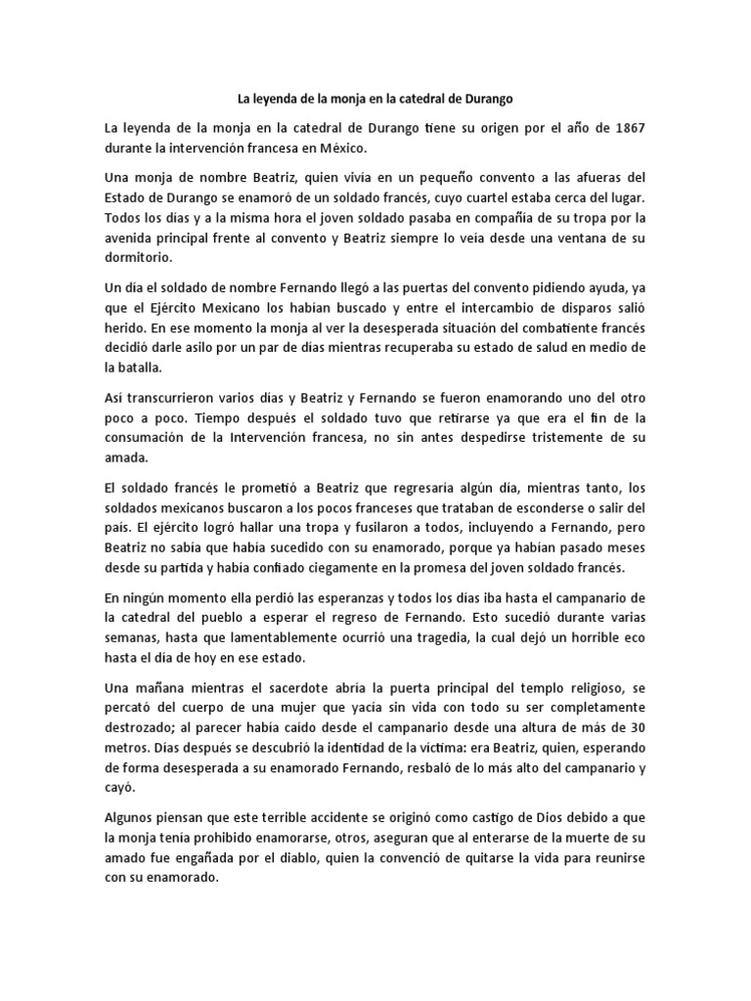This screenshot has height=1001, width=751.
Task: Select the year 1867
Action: [x=621, y=127]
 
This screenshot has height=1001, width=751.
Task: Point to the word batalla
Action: [x=140, y=370]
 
